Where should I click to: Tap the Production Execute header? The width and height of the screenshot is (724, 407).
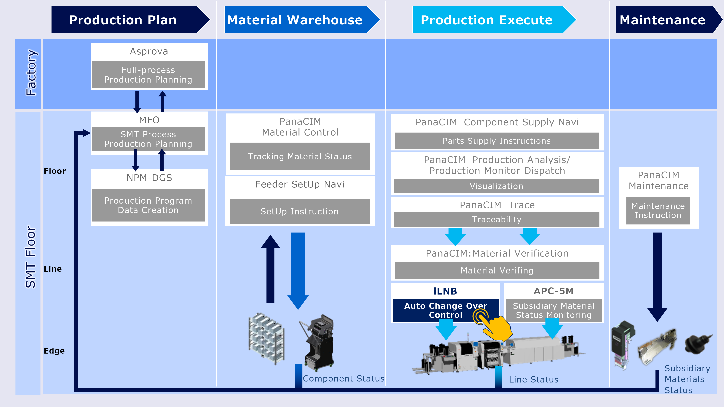click(489, 20)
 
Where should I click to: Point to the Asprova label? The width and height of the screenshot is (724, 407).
click(149, 51)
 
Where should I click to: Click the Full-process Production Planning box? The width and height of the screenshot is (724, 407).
click(148, 75)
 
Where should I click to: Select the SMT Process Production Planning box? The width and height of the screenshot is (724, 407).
click(148, 139)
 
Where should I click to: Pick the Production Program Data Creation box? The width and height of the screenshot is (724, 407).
click(148, 205)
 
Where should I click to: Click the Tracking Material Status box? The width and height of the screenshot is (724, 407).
click(300, 156)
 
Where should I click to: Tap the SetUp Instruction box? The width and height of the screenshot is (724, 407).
click(300, 211)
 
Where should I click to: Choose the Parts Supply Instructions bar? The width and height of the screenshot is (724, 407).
click(497, 141)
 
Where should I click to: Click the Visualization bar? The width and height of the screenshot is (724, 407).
click(497, 186)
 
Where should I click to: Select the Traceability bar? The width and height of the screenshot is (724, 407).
click(497, 219)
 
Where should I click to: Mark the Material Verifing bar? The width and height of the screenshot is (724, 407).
click(497, 271)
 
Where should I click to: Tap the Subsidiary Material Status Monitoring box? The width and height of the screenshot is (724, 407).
click(554, 310)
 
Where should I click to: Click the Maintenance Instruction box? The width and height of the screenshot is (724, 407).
click(658, 211)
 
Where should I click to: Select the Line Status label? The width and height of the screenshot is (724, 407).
click(533, 380)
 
